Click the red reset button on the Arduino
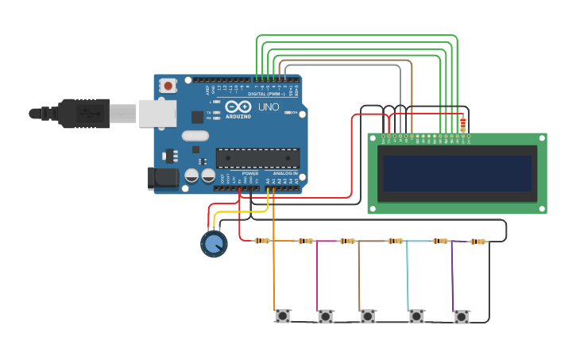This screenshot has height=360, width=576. (x=168, y=85)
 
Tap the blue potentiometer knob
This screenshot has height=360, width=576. (x=214, y=244)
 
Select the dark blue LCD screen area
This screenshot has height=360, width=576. (x=457, y=172)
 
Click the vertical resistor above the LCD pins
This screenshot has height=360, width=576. (x=463, y=123)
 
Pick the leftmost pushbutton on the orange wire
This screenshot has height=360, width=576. (x=282, y=316)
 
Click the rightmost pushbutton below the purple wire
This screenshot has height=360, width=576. (x=462, y=317)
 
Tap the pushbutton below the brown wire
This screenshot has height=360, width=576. (x=367, y=316)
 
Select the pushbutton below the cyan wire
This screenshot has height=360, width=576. (x=416, y=316)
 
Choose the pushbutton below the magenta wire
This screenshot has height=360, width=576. (x=325, y=317)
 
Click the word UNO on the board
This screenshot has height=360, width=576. (x=269, y=107)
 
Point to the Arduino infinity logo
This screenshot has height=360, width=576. (x=238, y=107)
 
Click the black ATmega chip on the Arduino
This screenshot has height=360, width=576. (x=257, y=158)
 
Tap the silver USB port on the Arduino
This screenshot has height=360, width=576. (x=157, y=114)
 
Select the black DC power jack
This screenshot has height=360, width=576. (x=162, y=179)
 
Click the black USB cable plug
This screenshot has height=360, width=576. (x=83, y=114)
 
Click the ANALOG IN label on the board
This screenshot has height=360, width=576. (x=285, y=173)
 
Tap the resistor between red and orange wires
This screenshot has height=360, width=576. (x=262, y=241)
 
